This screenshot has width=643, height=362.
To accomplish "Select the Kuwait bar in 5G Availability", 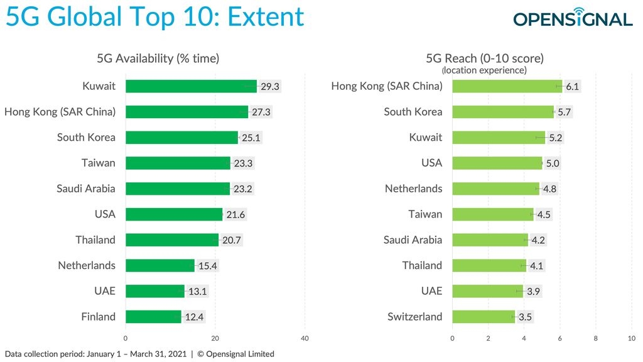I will pos(191,86).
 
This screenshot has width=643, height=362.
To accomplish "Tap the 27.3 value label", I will pos(262,112).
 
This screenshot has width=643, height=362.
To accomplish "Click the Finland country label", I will pos(98,317).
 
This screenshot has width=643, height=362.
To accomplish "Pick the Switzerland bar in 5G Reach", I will pos(484,317).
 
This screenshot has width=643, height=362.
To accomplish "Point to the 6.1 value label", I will pos(572,86).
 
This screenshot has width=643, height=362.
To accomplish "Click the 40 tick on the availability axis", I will pos(306,338).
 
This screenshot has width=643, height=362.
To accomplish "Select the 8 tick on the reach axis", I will pos(596,338).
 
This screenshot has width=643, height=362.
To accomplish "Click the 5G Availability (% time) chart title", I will pos(158,58).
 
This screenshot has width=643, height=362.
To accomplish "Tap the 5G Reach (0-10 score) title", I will pos(484,58).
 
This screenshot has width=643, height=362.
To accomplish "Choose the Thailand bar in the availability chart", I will pos(172,240).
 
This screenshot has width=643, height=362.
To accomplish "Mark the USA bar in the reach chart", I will pos(497,163).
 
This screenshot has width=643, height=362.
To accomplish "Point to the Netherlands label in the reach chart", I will pos(413,189).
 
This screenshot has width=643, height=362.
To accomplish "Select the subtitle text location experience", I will pos(484,70).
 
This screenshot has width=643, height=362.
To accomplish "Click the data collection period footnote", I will pos(139,354).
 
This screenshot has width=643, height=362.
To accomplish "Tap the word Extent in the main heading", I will pos(266,17).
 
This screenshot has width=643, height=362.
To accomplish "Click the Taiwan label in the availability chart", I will pos(99,163).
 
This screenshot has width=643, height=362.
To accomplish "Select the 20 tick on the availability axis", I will pos(215,338).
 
